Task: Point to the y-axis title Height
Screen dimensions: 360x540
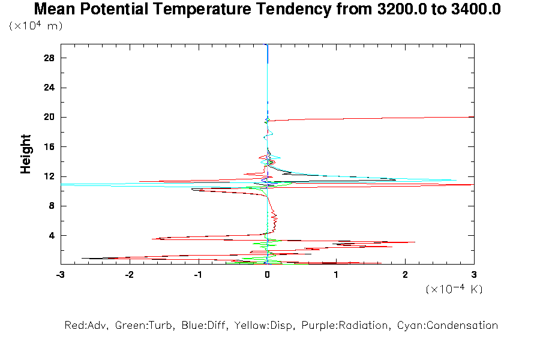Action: click(26, 154)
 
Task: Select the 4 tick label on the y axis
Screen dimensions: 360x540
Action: click(51, 235)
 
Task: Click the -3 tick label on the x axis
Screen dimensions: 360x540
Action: click(59, 274)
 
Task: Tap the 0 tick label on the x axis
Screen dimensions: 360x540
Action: click(267, 274)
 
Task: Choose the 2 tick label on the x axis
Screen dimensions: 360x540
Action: click(405, 274)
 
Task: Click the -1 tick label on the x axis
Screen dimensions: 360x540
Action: click(197, 274)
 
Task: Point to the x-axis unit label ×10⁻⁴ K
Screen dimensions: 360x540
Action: click(454, 289)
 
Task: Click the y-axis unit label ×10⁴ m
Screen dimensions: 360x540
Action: click(36, 26)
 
